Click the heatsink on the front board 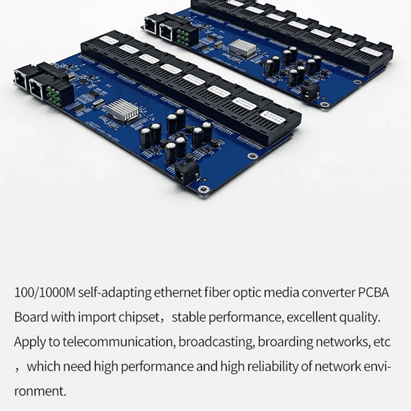[x=123, y=110]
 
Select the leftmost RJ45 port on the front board [x=21, y=79]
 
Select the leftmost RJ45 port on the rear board [x=151, y=25]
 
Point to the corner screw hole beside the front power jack [x=203, y=188]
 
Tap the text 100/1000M [x=45, y=293]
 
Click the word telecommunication [x=118, y=342]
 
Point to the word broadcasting [x=215, y=342]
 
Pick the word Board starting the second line [x=31, y=317]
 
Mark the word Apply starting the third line [x=30, y=342]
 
